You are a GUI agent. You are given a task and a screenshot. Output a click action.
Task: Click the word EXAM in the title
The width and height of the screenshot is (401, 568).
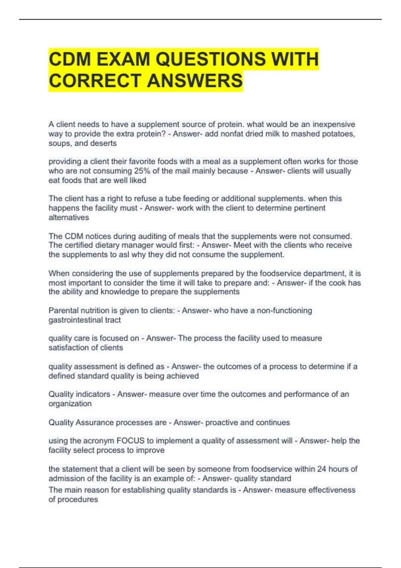(x=123, y=59)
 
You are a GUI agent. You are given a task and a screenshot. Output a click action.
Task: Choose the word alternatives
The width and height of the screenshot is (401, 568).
(x=69, y=218)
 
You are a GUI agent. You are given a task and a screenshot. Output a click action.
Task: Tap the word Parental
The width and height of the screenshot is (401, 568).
(x=63, y=310)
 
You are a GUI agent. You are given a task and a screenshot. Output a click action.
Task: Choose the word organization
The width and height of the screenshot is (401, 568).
(x=70, y=404)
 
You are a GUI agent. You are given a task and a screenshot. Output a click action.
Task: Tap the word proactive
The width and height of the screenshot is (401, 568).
(x=221, y=422)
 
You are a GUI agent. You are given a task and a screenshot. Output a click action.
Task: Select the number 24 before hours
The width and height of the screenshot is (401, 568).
(x=321, y=469)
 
